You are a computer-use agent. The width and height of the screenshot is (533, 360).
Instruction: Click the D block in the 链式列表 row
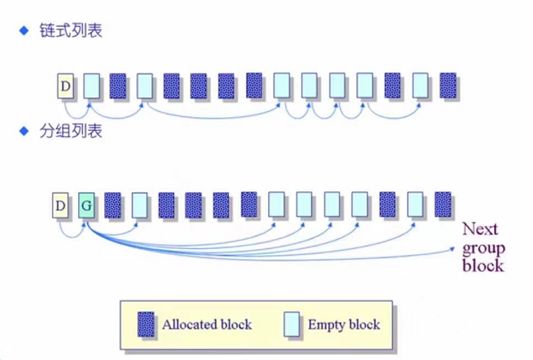point(65,86)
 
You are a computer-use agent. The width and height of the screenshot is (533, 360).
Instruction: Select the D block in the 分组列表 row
point(60,205)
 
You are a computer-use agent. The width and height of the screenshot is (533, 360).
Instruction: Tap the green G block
point(87,205)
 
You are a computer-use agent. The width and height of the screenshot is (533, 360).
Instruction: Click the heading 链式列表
point(70,31)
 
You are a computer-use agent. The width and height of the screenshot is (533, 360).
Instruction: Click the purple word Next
point(479,229)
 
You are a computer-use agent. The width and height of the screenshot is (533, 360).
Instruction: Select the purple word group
point(483,248)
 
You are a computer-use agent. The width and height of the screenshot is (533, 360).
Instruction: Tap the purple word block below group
point(483,266)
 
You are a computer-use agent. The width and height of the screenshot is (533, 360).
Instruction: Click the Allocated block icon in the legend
point(145,324)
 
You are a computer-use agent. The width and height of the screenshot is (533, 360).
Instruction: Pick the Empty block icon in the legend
point(291,324)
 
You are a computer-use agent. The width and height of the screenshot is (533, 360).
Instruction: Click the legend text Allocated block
point(206,325)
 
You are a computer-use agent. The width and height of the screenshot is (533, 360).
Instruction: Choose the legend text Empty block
point(344,325)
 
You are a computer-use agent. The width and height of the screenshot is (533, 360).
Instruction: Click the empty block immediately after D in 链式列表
point(91,86)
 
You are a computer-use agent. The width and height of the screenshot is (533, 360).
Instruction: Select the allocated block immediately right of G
point(113,205)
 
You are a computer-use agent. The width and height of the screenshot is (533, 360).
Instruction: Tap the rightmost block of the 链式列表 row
point(448,86)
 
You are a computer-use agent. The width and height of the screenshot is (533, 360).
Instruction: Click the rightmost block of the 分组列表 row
point(443,205)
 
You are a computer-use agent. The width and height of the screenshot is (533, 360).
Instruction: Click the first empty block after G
point(139,205)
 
